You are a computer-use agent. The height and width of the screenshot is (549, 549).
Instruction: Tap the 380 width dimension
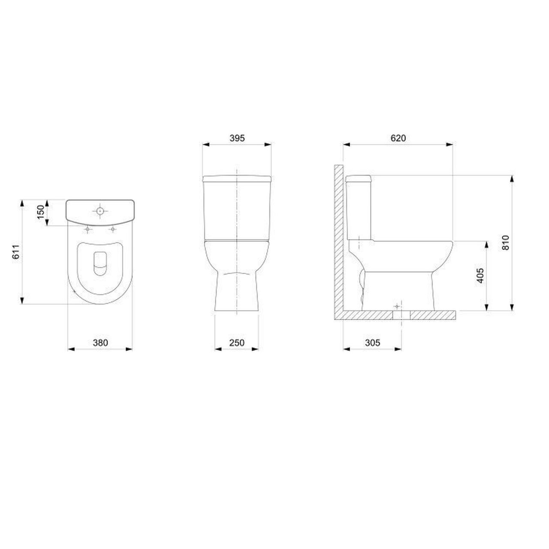tap(100, 342)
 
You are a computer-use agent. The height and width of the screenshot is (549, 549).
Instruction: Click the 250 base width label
tap(237, 342)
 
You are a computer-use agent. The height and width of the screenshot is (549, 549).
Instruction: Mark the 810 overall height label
tap(505, 243)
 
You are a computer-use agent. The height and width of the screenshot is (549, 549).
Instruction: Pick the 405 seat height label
tap(480, 275)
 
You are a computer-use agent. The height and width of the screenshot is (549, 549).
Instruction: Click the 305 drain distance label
tap(372, 342)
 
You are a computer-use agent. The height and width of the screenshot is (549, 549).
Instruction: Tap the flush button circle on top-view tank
tap(100, 211)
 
